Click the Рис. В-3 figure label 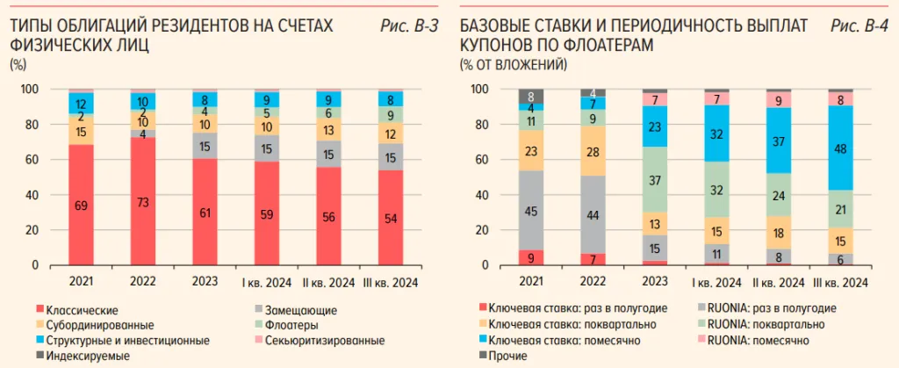click(409, 27)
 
